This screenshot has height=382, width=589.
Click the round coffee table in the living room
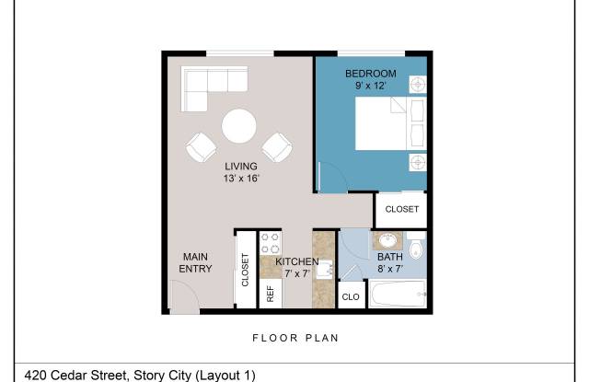click(239, 126)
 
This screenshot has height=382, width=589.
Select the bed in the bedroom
click(390, 123)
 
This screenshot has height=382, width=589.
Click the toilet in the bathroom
click(416, 246)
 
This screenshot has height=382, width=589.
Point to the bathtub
click(398, 295)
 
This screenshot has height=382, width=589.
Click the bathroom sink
click(387, 240)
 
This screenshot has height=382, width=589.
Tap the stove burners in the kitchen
click(271, 243)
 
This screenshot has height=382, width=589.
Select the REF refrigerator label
click(270, 294)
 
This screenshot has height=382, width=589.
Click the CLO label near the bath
click(351, 297)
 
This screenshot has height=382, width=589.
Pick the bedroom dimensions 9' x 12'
click(370, 86)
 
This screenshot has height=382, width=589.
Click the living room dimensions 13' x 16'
click(241, 179)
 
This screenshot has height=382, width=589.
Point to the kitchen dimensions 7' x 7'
click(297, 273)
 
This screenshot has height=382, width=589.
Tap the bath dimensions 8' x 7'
click(390, 269)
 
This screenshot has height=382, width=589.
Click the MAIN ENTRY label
click(195, 262)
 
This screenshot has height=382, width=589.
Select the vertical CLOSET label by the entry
click(245, 270)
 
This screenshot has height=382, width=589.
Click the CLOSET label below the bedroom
click(402, 209)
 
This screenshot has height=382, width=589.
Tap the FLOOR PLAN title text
click(295, 338)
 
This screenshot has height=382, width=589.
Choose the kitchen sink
click(325, 270)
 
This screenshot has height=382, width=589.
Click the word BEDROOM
click(371, 74)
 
